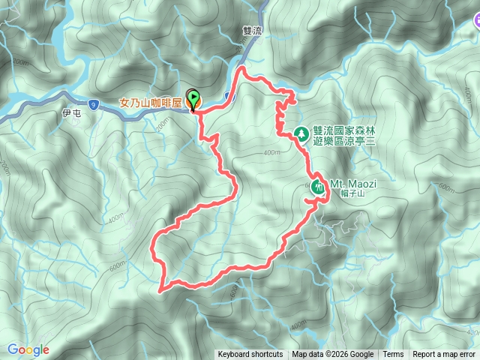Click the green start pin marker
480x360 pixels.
click(194, 97)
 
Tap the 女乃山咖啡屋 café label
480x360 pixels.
click(151, 103)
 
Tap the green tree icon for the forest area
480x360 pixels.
click(301, 133)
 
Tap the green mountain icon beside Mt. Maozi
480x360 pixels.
click(319, 187)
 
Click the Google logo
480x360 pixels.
click(28, 349)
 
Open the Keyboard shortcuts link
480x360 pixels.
click(250, 355)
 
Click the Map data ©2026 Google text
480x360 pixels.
click(333, 355)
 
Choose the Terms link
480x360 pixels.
click(393, 355)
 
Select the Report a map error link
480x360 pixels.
click(443, 355)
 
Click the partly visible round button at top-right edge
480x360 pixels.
click(475, 28)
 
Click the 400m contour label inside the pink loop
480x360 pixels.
click(271, 153)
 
